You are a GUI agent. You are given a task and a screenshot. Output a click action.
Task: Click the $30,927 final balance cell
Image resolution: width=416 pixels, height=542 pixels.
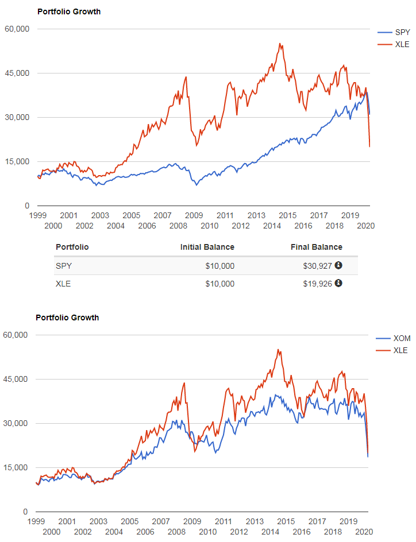coord(318,266)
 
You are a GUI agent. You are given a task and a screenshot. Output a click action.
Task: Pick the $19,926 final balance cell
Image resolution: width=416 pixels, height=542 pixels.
coord(318,283)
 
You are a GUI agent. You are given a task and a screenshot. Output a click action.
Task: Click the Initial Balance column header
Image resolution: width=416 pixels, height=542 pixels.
coord(207,247)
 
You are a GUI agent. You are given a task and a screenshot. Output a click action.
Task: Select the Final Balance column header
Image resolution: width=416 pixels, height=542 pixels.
coord(317,247)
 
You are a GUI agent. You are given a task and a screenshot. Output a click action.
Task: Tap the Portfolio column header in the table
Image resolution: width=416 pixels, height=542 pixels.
coord(72,247)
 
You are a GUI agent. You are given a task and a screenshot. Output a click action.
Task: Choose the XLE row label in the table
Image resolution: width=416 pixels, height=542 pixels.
coord(63,283)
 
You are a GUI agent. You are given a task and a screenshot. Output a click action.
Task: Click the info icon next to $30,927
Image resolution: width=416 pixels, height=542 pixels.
coord(338,265)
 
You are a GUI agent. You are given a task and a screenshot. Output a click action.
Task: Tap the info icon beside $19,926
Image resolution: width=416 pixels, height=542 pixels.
coord(338,282)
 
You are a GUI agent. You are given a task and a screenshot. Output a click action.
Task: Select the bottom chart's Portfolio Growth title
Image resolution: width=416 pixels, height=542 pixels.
coord(67,318)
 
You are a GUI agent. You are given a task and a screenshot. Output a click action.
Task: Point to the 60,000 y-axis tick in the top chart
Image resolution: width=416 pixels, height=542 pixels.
coord(17,29)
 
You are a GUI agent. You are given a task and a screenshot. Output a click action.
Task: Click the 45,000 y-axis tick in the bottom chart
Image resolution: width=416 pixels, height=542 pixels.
coord(16,379)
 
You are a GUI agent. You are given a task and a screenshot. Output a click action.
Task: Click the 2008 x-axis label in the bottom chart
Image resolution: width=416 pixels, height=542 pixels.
coord(176,532)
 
